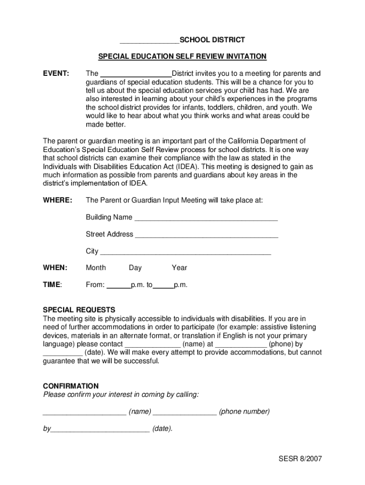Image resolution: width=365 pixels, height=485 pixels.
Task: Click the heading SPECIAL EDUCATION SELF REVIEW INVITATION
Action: click(182, 57)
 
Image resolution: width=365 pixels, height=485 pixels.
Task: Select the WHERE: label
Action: click(57, 200)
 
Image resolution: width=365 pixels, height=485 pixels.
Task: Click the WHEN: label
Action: click(55, 268)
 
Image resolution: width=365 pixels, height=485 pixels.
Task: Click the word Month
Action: click(96, 268)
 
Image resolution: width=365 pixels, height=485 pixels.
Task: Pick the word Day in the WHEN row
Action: click(135, 268)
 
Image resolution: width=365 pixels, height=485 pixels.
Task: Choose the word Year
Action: click(179, 268)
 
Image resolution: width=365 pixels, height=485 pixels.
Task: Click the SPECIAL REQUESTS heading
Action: click(79, 310)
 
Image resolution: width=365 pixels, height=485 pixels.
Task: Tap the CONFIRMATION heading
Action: click(71, 386)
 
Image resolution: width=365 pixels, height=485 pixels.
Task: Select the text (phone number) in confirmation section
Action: click(244, 412)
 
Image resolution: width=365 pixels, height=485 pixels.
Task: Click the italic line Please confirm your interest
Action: click(121, 395)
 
